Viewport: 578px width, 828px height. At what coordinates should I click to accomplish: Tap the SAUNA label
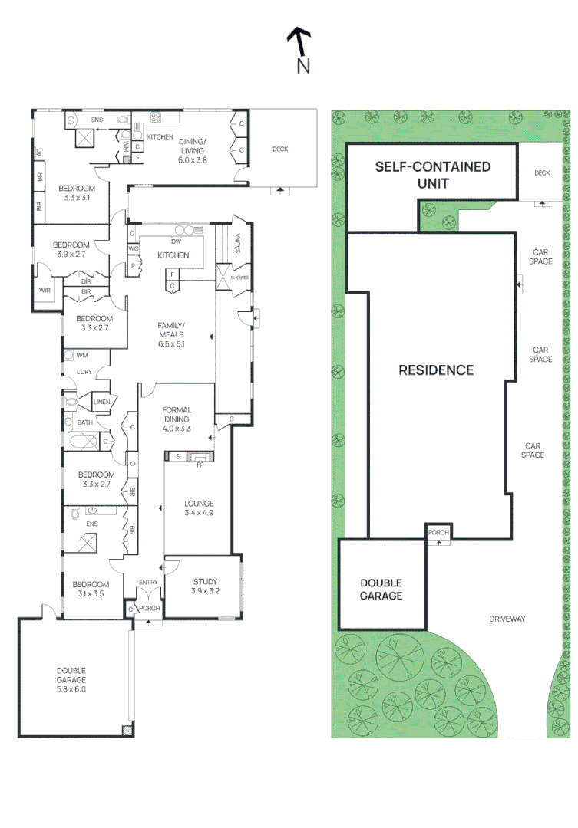pyautogui.click(x=239, y=244)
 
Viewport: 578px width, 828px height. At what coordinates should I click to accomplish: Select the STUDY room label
pyautogui.click(x=205, y=586)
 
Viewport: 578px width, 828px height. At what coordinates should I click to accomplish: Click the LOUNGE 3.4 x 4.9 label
pyautogui.click(x=199, y=508)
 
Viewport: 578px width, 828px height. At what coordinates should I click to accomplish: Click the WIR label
pyautogui.click(x=45, y=291)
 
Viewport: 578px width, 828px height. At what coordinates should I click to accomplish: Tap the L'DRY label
pyautogui.click(x=83, y=373)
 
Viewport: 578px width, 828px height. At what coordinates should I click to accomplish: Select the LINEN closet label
pyautogui.click(x=102, y=402)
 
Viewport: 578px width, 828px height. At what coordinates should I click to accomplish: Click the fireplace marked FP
pyautogui.click(x=200, y=463)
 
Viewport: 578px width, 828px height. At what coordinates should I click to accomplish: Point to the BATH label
pyautogui.click(x=84, y=422)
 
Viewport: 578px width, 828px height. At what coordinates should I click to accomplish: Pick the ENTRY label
pyautogui.click(x=147, y=583)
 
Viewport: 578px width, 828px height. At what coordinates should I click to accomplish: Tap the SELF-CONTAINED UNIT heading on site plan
pyautogui.click(x=432, y=176)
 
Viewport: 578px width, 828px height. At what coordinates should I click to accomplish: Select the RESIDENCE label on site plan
pyautogui.click(x=435, y=370)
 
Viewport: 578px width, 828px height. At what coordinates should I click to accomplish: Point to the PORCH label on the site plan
pyautogui.click(x=438, y=532)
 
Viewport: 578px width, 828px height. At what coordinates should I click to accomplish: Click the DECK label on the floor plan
pyautogui.click(x=280, y=149)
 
